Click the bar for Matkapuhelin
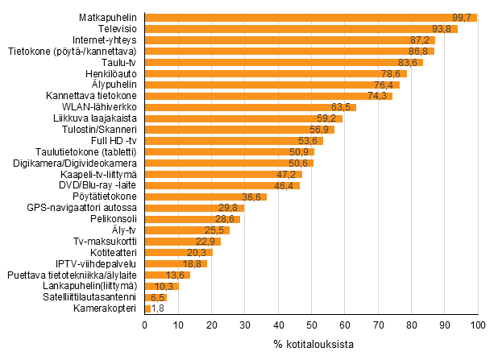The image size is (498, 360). pos(310,18)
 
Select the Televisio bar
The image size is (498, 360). pos(301,29)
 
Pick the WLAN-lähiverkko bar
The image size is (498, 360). pos(250,107)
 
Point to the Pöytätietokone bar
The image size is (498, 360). pos(205,197)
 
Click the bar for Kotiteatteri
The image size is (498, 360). pos(178,252)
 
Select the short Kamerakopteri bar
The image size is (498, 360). pos(147,308)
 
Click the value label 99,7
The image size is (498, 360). pos(464,18)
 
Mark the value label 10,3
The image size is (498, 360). pos(165,286)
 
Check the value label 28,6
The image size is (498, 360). pos(226,219)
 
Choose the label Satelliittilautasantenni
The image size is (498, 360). pos(90,297)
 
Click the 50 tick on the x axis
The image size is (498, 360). pos(311,325)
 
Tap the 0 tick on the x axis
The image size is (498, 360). pos(144,325)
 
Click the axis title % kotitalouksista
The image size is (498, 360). pos(311,345)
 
